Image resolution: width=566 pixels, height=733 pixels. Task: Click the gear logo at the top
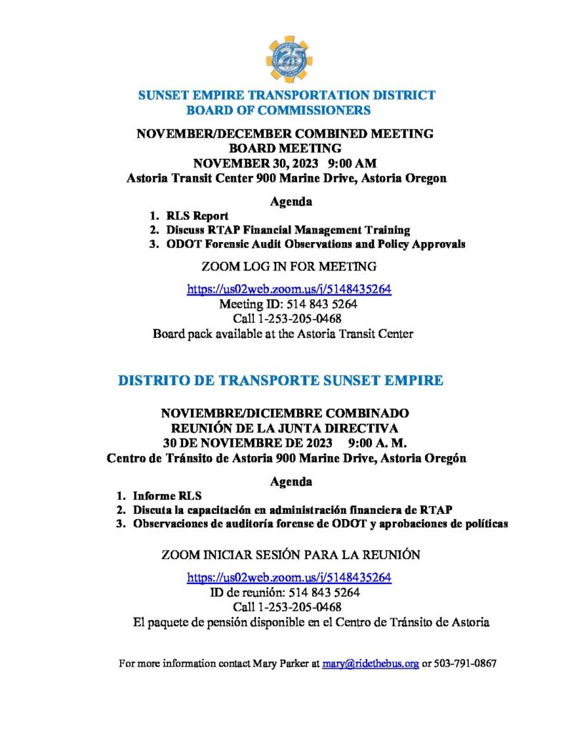point(290,59)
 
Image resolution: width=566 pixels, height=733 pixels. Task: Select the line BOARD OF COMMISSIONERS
point(278,110)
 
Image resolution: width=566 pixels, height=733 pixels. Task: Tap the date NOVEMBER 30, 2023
point(245,164)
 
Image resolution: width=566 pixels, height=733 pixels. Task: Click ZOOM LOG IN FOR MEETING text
point(289,267)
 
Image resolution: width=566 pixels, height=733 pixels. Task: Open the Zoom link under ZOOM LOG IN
point(289,289)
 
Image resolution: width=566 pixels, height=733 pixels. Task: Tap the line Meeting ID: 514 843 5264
point(288,304)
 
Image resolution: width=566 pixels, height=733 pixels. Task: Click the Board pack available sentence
point(283,334)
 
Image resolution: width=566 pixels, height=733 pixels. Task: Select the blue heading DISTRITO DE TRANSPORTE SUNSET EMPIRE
point(280,381)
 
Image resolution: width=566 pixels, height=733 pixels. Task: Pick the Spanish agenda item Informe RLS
point(167,495)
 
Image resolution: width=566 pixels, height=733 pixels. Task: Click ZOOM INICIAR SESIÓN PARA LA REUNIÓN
point(291,555)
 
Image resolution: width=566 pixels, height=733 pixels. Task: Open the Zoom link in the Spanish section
point(289,577)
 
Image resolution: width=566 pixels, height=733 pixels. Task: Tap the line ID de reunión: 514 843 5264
point(284,593)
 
